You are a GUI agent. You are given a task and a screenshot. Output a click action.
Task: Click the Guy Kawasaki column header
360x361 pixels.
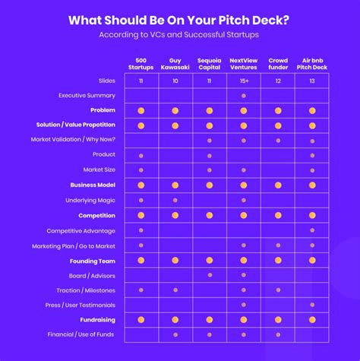[x=175, y=64]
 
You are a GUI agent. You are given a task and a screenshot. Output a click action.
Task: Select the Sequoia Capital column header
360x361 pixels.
[x=209, y=64]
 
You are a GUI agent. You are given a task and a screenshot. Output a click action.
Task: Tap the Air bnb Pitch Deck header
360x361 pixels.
[x=312, y=64]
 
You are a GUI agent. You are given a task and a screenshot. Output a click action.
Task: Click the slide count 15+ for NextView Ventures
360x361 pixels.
[x=243, y=80]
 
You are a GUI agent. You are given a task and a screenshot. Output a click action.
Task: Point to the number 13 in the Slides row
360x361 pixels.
[x=312, y=80]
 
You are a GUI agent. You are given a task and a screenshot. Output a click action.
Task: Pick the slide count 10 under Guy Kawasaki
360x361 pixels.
[x=175, y=80]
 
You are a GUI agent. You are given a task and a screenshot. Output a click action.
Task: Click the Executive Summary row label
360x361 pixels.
[x=87, y=95]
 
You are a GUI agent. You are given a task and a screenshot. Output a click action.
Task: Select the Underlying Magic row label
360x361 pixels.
[x=90, y=200]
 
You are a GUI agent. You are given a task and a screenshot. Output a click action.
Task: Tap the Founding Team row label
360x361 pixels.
[x=93, y=260]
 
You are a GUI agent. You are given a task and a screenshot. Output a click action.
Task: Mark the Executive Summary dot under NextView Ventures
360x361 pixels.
[x=243, y=96]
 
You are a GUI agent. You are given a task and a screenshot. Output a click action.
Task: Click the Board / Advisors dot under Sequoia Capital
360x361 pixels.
[x=209, y=275]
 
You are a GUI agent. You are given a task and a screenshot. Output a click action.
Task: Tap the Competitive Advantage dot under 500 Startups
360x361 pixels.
[x=141, y=230]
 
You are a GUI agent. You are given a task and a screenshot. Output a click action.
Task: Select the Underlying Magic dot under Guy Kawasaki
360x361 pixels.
[x=175, y=200]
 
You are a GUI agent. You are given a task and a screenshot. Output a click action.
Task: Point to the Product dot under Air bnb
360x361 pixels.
[x=312, y=155]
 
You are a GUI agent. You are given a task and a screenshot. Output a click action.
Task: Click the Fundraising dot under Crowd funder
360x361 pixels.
[x=278, y=320]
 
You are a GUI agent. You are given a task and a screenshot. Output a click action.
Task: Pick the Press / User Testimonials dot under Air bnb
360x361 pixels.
[x=312, y=305]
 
